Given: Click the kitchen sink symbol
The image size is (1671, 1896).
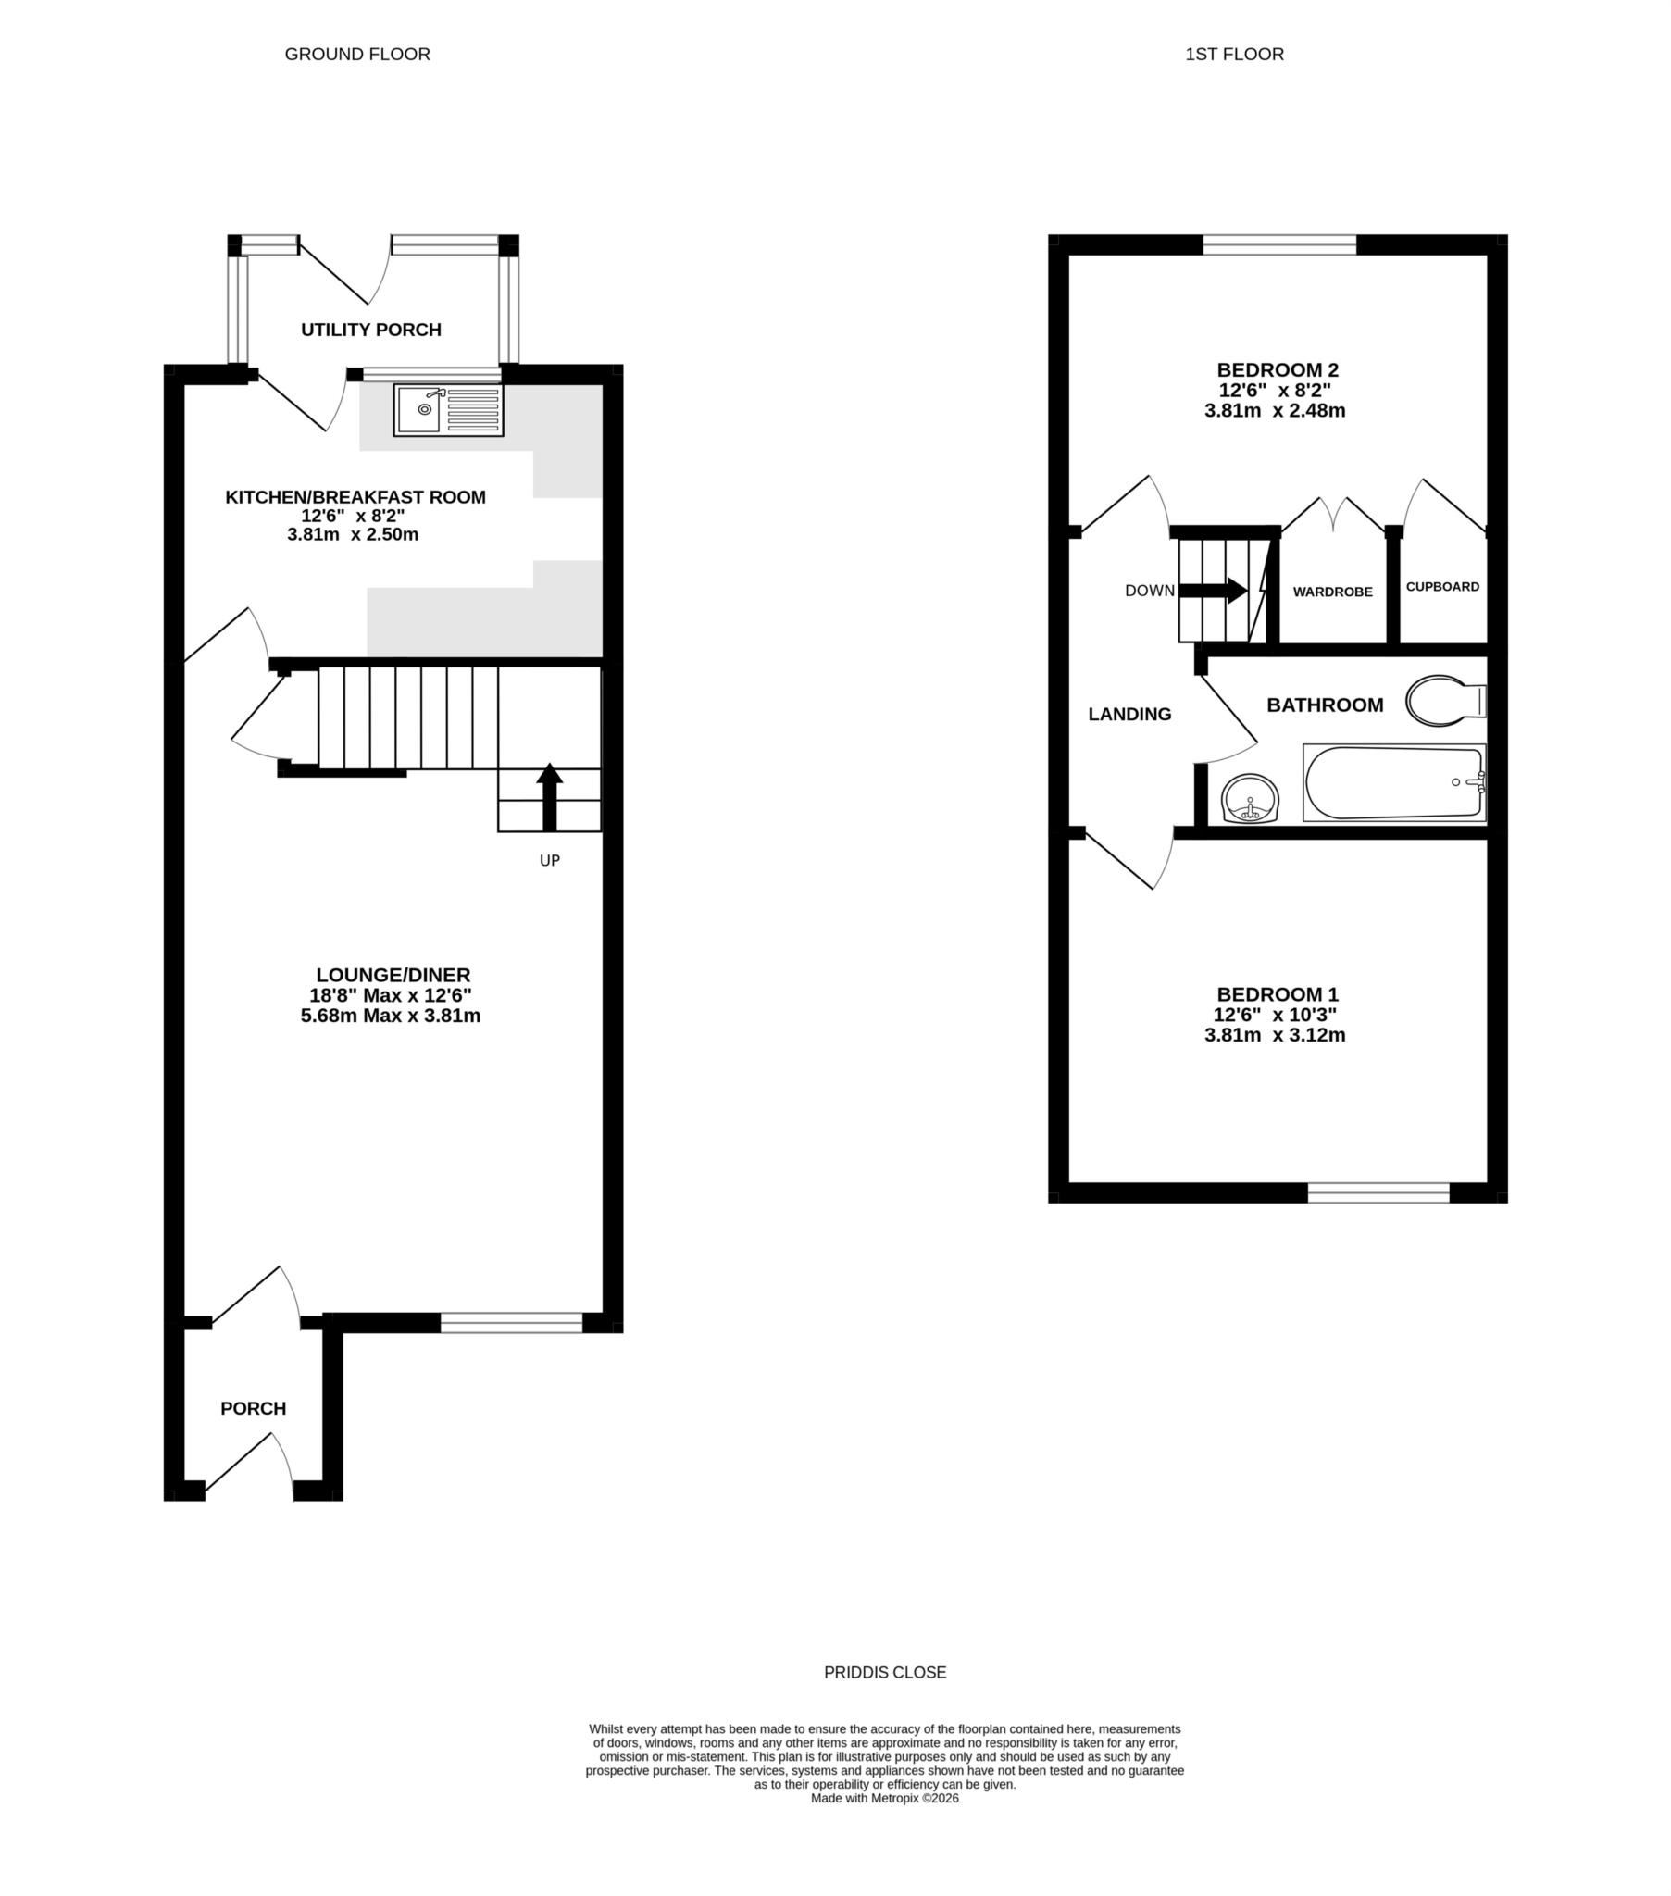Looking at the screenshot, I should coord(448,410).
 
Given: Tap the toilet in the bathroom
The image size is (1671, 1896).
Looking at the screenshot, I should coord(1442,700).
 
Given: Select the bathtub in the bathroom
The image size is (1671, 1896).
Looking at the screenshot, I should coord(1393,783).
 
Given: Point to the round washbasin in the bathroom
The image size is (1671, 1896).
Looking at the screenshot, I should coord(1250,799).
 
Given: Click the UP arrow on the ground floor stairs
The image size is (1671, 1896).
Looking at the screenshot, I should coord(549,796).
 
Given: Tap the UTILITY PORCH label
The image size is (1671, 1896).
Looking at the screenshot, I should coord(371,330).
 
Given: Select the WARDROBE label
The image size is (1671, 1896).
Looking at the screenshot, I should coord(1332,592).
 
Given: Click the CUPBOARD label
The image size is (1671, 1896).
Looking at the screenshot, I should coord(1441,586).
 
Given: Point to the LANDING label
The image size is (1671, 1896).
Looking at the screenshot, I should coord(1129,715).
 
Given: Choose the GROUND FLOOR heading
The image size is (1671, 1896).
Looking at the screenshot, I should coord(357,54).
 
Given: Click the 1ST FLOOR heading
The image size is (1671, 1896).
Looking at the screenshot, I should coord(1234,54).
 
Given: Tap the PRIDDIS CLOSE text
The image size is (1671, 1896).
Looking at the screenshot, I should coord(885,1673).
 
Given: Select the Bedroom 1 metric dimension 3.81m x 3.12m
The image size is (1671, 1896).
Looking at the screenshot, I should coord(1275,1035).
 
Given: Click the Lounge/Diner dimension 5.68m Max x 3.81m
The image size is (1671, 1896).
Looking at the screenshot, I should coord(391,1016).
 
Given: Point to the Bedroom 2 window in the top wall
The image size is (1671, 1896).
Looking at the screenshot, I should coord(1279,245).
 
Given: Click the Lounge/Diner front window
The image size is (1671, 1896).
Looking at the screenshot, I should coord(511,1324).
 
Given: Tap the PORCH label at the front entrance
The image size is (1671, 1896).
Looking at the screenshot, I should coord(254,1408).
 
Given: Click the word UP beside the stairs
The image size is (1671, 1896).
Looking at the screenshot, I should coord(549,861).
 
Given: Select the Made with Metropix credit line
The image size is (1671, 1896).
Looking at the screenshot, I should coord(884,1798).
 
